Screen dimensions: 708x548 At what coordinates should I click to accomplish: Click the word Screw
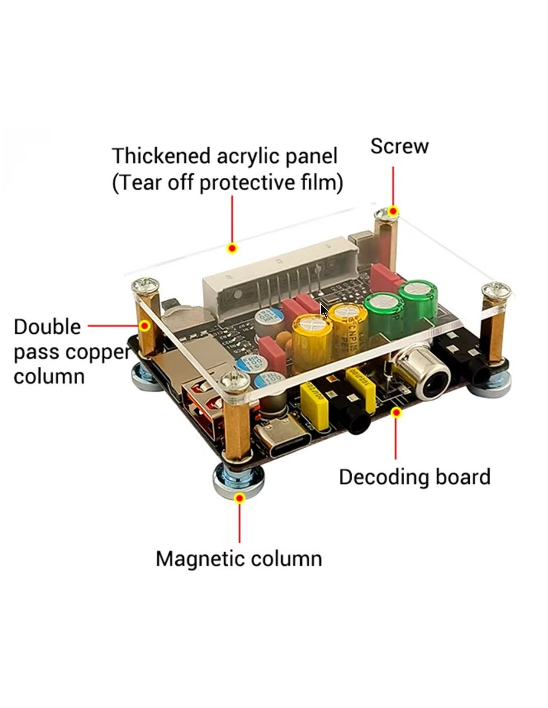tap(399, 146)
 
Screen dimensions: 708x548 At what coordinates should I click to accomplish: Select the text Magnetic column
tap(239, 559)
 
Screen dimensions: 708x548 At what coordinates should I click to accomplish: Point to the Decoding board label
tap(414, 477)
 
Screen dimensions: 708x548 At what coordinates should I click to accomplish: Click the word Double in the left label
tap(47, 327)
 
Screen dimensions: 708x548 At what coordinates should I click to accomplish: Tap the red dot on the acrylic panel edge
tap(232, 248)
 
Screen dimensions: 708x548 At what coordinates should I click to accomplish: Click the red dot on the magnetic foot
tap(240, 498)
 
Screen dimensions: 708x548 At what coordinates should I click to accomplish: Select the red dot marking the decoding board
tap(396, 412)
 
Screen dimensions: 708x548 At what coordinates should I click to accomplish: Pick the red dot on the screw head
tap(393, 211)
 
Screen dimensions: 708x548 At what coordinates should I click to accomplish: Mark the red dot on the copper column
tap(144, 326)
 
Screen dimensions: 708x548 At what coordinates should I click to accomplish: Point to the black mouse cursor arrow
tap(323, 311)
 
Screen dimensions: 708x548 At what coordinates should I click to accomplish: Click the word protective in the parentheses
tap(247, 183)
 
